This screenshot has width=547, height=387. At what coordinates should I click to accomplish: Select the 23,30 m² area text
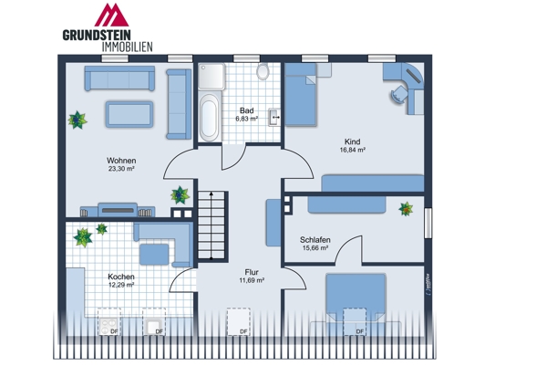click(121, 169)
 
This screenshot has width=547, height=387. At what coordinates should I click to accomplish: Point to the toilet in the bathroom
click(263, 71)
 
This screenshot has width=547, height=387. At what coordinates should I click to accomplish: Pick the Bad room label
click(246, 110)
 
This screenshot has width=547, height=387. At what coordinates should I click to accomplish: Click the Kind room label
click(352, 141)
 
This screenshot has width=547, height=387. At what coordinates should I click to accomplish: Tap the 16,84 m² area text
click(352, 151)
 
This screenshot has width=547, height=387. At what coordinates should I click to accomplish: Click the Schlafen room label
click(315, 240)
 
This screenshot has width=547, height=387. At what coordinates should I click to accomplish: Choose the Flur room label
click(252, 272)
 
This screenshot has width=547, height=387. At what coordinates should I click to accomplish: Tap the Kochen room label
click(121, 277)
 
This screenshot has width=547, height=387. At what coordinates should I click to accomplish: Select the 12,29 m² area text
click(121, 286)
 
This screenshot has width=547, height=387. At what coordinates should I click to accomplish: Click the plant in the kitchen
click(84, 237)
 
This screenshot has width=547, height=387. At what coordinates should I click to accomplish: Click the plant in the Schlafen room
click(405, 208)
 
